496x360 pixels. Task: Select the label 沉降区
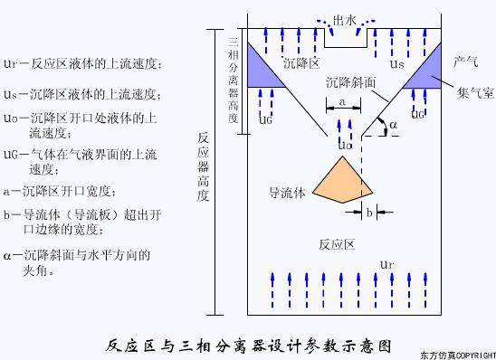[x=300, y=66]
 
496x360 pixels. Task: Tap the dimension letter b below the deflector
[x=370, y=213]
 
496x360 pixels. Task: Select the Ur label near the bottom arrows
[x=387, y=263]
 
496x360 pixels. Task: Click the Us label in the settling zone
[x=396, y=64]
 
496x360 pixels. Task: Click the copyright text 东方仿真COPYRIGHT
[x=458, y=355]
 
